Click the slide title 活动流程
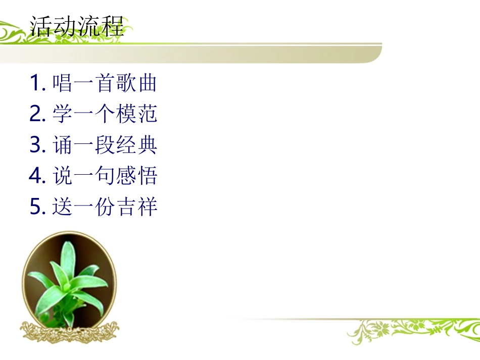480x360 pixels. [77, 26]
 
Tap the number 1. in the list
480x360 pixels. [38, 83]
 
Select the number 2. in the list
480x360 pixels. [38, 114]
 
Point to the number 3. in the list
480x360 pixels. [38, 145]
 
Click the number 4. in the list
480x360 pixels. [38, 176]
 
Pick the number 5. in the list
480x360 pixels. [38, 207]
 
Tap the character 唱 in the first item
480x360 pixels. [63, 83]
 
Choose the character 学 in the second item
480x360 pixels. [63, 114]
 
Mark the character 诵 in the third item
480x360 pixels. [63, 145]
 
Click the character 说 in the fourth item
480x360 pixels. [63, 176]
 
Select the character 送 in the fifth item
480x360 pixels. [63, 207]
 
